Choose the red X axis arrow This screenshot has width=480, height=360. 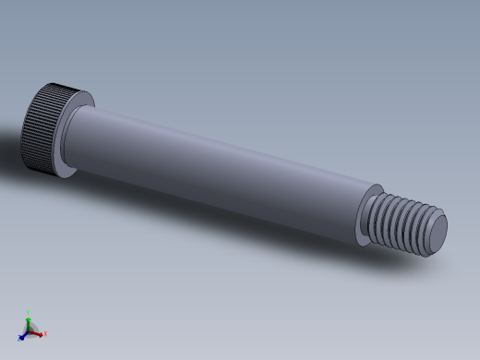38,332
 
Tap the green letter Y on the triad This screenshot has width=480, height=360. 29,311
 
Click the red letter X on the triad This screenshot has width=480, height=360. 44,334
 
